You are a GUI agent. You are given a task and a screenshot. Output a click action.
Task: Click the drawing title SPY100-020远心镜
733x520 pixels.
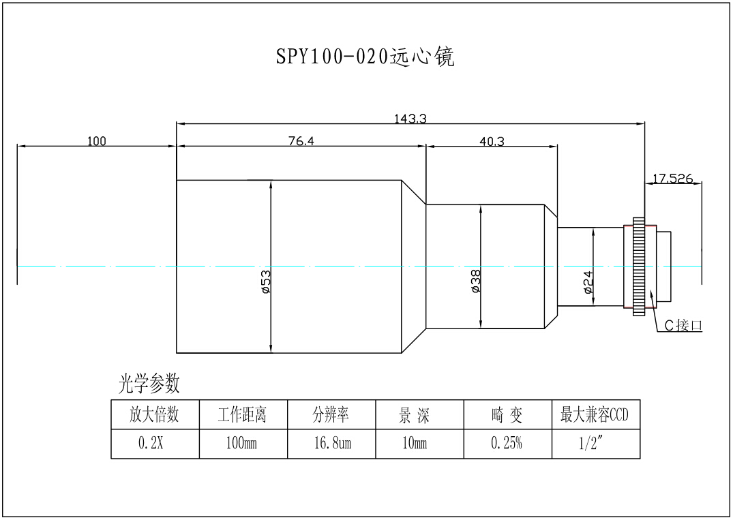[x=365, y=57]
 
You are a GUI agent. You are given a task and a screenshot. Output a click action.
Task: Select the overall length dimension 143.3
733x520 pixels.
[x=410, y=119]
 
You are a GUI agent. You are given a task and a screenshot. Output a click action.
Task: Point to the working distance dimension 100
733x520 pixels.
[x=97, y=141]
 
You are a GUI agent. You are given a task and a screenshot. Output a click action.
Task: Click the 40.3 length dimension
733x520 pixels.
[x=492, y=141]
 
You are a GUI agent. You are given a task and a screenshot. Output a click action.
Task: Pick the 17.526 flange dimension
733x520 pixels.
[x=672, y=179]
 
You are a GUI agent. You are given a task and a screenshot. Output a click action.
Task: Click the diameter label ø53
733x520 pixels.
[x=266, y=281]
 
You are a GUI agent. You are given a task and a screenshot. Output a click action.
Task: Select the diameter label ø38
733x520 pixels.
[x=476, y=281]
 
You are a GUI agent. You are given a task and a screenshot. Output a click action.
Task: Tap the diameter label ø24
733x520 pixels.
[x=588, y=281]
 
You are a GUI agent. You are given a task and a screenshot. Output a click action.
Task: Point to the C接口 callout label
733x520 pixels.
[x=683, y=326]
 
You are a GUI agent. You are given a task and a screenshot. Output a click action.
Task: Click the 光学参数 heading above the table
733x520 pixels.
[x=149, y=384]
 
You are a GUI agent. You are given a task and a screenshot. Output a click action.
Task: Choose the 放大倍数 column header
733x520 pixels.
[x=155, y=414]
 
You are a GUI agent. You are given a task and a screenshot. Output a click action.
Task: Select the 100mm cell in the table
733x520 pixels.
[x=243, y=444]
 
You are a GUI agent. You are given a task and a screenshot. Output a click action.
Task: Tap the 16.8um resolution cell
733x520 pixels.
[x=331, y=444]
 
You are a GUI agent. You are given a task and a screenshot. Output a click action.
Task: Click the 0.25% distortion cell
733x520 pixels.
[x=507, y=444]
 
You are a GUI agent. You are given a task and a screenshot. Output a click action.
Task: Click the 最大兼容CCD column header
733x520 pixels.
[x=595, y=414]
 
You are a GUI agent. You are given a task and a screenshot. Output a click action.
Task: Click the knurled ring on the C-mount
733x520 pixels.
[x=639, y=266]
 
